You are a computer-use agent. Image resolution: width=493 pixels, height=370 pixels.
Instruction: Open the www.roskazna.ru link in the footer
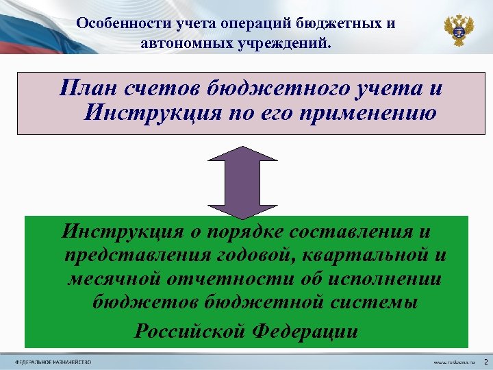click(452, 361)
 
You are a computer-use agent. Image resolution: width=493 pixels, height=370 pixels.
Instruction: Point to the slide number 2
click(485, 360)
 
